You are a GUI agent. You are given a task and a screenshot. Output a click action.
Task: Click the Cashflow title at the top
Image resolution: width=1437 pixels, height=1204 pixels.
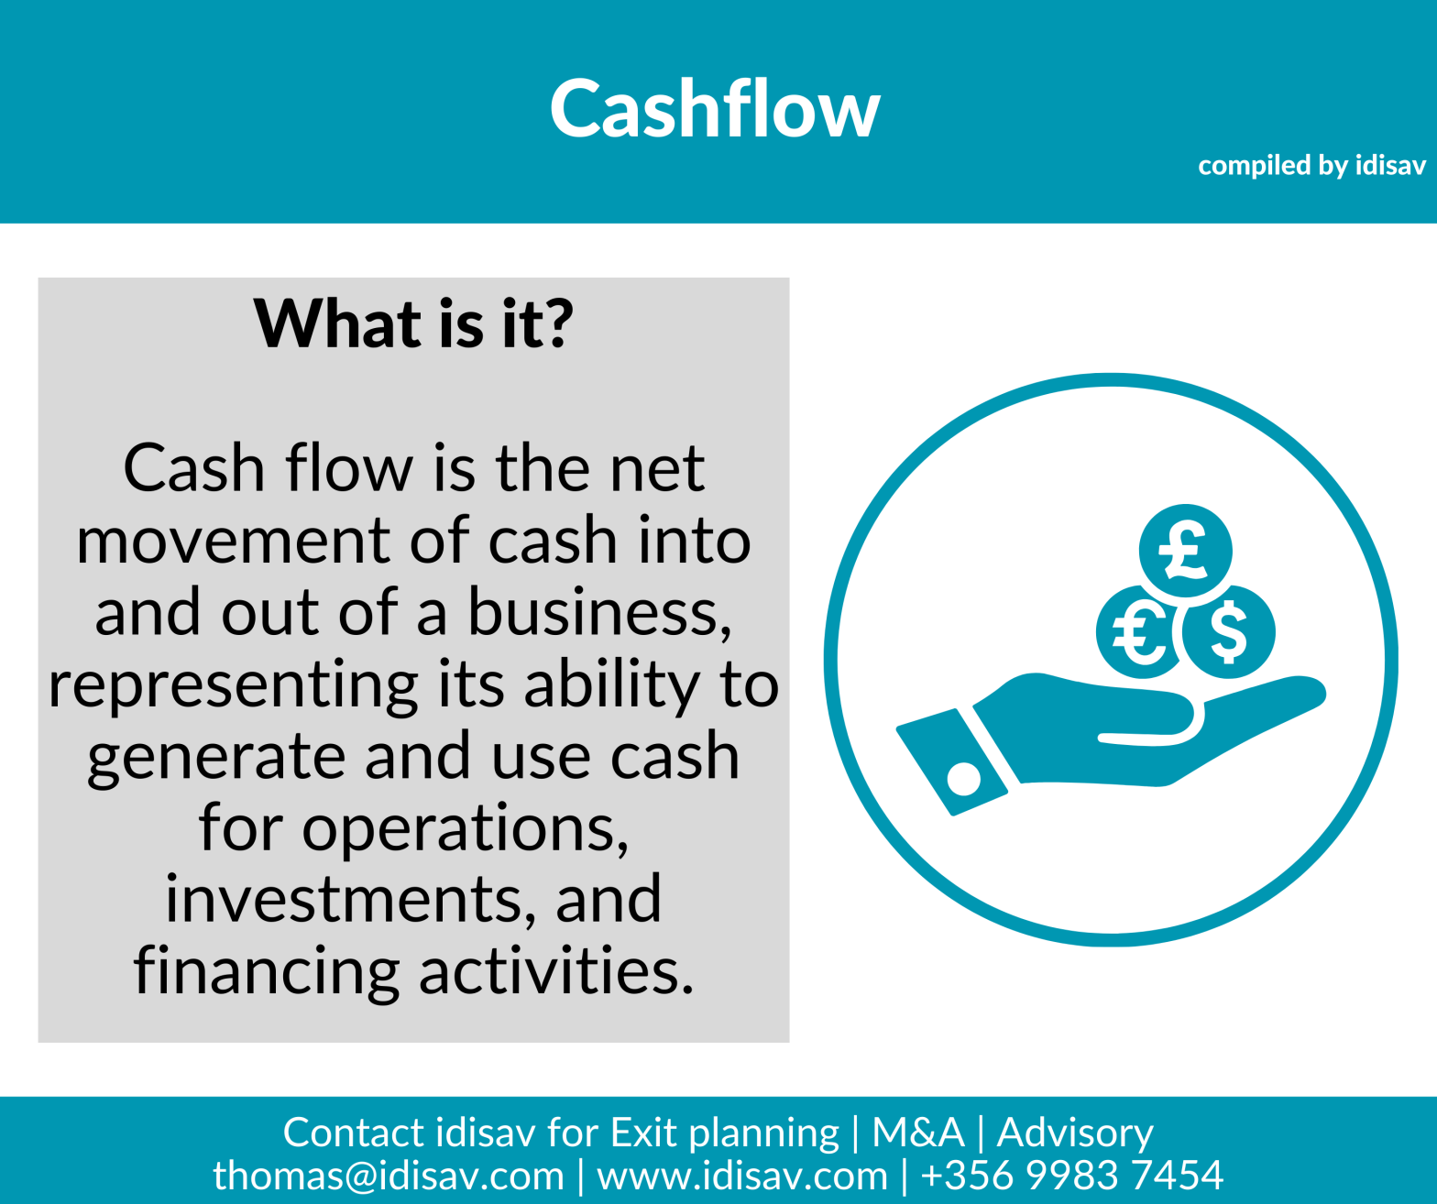715,109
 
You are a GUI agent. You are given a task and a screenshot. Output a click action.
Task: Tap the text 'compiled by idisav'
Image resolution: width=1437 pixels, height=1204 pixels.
1311,166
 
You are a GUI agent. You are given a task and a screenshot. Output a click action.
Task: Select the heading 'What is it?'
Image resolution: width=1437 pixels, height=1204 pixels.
413,323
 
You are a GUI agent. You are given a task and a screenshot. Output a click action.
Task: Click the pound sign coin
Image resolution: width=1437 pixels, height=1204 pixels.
1185,551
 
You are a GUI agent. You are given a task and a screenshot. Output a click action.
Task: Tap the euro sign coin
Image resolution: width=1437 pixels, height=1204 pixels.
1137,632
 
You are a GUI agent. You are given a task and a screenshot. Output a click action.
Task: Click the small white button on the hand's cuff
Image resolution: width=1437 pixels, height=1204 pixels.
963,779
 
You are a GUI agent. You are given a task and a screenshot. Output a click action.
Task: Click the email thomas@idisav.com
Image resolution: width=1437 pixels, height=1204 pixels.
389,1176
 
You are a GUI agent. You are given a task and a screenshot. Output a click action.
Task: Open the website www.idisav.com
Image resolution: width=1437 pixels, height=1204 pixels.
742,1176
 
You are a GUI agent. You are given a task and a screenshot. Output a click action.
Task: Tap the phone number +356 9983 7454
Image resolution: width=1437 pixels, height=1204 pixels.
1071,1176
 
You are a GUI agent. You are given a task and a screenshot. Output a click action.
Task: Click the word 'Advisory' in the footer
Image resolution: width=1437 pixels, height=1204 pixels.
1074,1133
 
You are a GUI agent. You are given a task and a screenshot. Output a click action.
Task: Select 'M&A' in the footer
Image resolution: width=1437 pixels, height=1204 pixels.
917,1133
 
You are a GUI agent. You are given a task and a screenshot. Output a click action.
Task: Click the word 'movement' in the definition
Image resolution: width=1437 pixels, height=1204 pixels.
235,541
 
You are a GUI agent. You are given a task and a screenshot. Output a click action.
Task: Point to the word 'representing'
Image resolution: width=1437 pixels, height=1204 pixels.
233,685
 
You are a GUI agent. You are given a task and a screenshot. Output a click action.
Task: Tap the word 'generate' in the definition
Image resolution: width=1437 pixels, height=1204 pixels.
216,757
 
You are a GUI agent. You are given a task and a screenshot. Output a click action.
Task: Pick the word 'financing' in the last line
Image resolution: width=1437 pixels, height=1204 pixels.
267,971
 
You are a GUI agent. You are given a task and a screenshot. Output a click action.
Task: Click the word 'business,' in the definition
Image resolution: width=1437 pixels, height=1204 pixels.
599,613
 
